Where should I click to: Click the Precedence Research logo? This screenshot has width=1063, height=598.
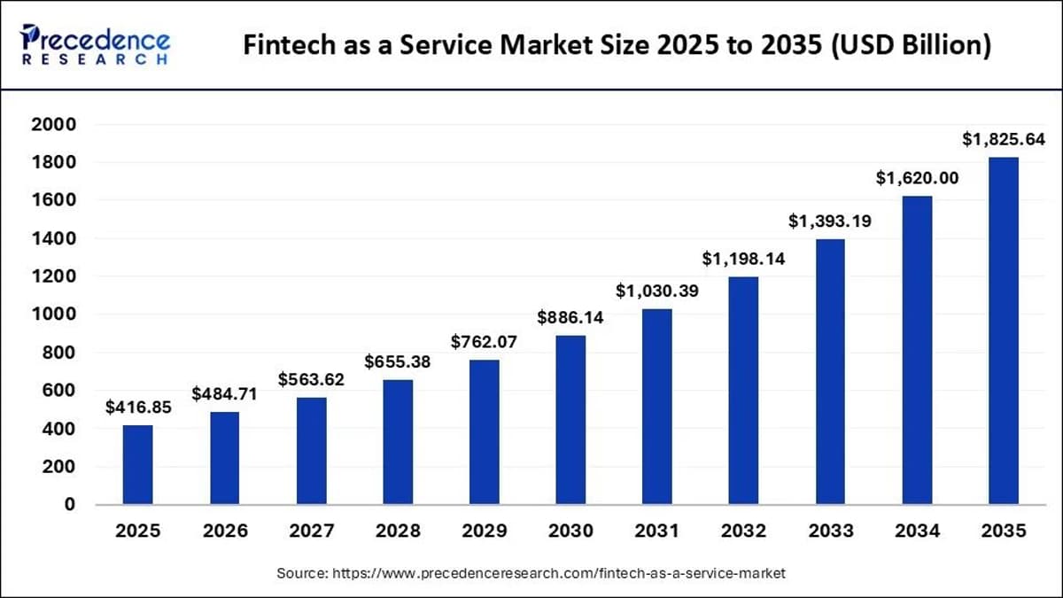[96, 43]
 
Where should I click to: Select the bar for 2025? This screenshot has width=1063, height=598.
[137, 464]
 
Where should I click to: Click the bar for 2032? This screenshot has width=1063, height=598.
[743, 390]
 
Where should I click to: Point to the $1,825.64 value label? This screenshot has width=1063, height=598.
[1004, 139]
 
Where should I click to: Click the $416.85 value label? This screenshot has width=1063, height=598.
[137, 408]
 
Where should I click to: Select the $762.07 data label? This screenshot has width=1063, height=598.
[484, 342]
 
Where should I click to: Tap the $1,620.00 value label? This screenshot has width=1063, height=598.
[917, 178]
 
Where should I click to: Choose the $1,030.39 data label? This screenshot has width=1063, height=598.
[657, 291]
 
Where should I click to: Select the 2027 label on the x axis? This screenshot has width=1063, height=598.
[311, 532]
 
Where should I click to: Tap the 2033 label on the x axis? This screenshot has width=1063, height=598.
[830, 532]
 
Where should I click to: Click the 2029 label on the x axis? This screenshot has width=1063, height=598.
[484, 532]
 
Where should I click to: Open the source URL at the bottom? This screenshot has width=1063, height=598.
[558, 574]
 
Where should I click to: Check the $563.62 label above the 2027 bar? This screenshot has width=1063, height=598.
[311, 380]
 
